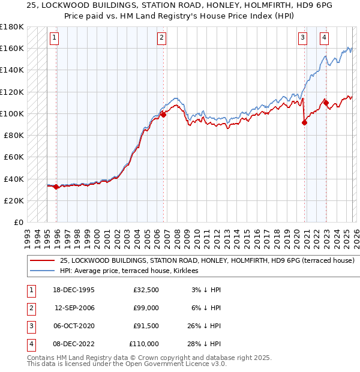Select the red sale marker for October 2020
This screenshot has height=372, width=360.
click(304, 122)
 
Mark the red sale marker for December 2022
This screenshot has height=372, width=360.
click(326, 103)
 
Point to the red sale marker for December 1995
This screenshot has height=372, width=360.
click(56, 187)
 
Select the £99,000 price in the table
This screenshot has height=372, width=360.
click(146, 308)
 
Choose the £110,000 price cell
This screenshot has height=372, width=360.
click(145, 344)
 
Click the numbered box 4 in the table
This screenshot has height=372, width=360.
click(29, 344)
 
